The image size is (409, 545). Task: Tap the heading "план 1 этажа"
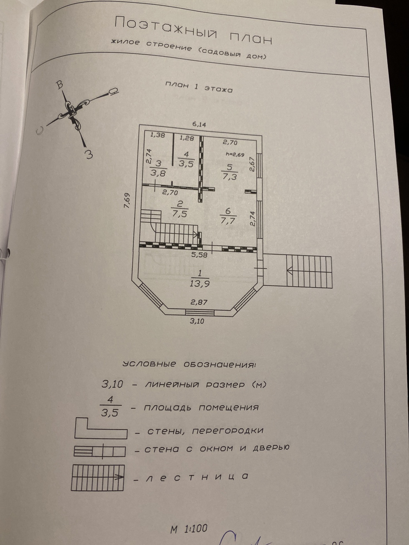click(199, 87)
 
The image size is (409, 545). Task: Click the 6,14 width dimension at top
click(199, 125)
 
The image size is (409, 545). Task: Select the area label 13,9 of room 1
click(199, 284)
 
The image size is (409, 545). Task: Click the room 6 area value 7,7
click(228, 221)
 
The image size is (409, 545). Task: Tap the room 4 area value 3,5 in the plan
click(186, 164)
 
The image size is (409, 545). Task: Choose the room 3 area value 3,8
click(158, 173)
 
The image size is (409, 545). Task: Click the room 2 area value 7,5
click(179, 214)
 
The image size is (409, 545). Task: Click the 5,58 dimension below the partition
click(199, 254)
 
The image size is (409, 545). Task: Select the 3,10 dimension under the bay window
click(197, 321)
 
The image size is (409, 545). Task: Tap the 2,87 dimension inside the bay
click(199, 302)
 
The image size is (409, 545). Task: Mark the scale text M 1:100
click(189, 528)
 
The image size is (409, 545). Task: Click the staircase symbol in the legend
click(98, 477)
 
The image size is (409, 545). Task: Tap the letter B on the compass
click(60, 85)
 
